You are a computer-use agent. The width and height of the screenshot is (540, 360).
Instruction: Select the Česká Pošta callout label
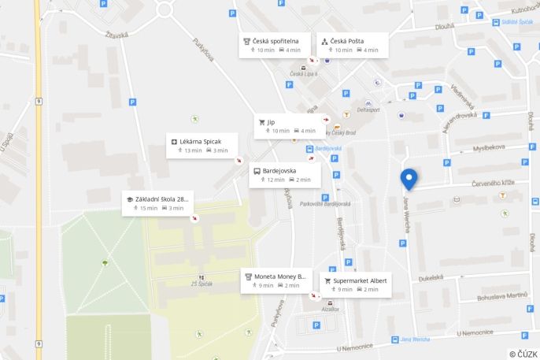[x=353, y=45]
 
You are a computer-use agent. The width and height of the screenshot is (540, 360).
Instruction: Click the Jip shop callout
[x=289, y=126]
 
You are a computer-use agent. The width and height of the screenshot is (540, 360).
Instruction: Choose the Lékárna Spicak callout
[x=202, y=146]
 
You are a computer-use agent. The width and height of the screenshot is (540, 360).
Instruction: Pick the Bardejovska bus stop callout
[x=284, y=175]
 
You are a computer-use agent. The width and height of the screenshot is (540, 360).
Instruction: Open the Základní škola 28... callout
[x=157, y=203]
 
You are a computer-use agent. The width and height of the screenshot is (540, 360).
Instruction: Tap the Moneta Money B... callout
[x=276, y=280]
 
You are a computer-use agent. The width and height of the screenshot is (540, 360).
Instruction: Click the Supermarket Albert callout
[x=355, y=284]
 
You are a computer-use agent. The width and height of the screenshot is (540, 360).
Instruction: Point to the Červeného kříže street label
[x=494, y=183]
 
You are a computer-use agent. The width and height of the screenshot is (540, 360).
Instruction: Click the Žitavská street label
[x=116, y=35]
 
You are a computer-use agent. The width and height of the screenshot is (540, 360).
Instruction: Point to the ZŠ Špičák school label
[x=202, y=284]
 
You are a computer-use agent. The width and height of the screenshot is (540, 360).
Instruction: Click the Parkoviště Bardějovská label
[x=325, y=203]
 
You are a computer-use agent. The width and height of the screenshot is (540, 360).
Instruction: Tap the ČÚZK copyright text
[x=523, y=354]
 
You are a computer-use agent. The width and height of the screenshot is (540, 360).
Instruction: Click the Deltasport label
[x=368, y=109]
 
